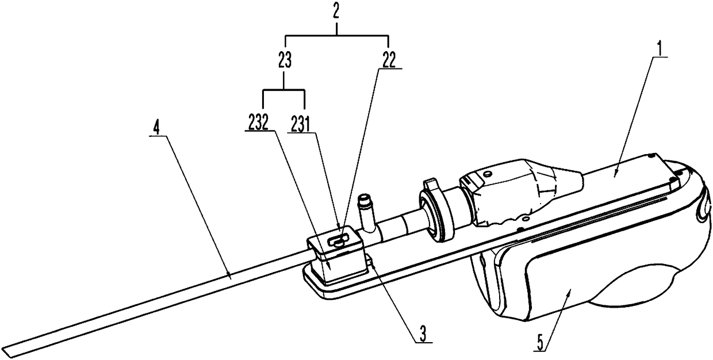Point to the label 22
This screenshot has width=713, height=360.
pyautogui.click(x=389, y=60)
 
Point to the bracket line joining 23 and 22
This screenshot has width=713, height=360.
pyautogui.click(x=338, y=36)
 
